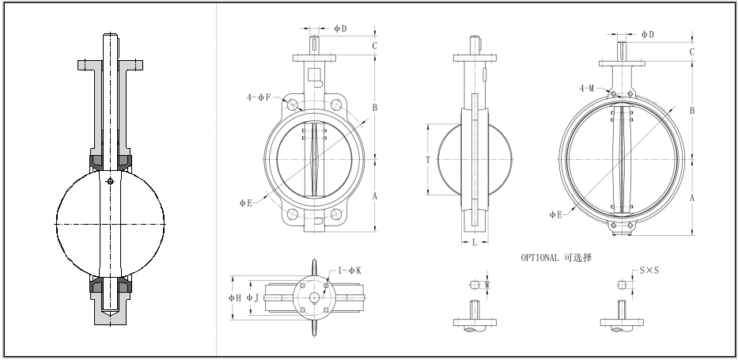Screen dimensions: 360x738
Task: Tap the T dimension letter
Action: click(x=427, y=159)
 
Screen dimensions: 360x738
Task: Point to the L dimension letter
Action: click(x=475, y=243)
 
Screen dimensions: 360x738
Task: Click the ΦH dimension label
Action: click(x=234, y=297)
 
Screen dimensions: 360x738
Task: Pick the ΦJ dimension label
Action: click(x=252, y=297)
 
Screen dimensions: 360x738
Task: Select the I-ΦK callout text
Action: click(x=350, y=271)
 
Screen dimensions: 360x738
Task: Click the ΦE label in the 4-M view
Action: click(x=555, y=214)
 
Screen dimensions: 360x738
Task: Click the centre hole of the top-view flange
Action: click(x=315, y=298)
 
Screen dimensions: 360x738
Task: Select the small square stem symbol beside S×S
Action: click(x=623, y=284)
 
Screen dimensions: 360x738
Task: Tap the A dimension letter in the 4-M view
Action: click(x=692, y=199)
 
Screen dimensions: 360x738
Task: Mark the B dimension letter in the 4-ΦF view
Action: click(x=374, y=108)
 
